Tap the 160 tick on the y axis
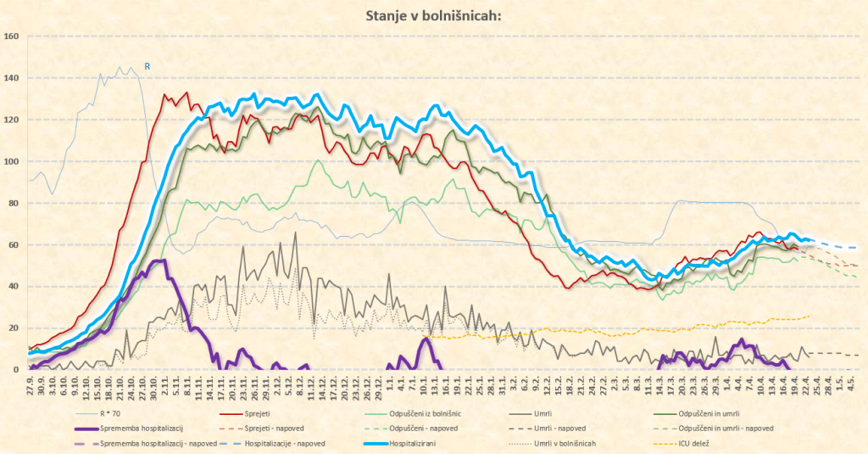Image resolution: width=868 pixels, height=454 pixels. (11, 36)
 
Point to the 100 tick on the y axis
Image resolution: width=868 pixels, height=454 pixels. (11, 161)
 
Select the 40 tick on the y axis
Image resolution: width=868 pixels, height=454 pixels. (13, 286)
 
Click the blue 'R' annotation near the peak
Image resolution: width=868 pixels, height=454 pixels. (147, 66)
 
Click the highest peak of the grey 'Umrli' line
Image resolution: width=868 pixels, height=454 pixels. (296, 233)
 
